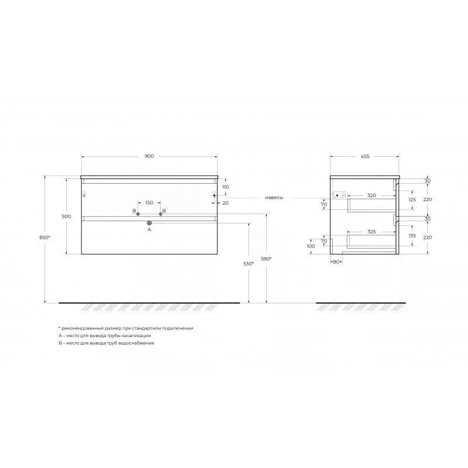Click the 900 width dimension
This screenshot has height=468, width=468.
[x=149, y=156]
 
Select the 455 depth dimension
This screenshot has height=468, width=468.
[x=365, y=156]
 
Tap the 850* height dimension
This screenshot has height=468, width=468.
[x=45, y=238]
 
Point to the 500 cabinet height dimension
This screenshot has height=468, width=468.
[x=66, y=216]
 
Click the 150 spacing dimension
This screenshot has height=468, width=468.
[x=149, y=202]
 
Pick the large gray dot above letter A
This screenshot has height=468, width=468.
[x=150, y=223]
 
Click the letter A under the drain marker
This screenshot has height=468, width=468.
[x=150, y=229]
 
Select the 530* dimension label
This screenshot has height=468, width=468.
[x=248, y=264]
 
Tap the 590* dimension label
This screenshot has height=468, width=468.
[x=266, y=259]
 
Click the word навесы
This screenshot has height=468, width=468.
[x=274, y=198]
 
